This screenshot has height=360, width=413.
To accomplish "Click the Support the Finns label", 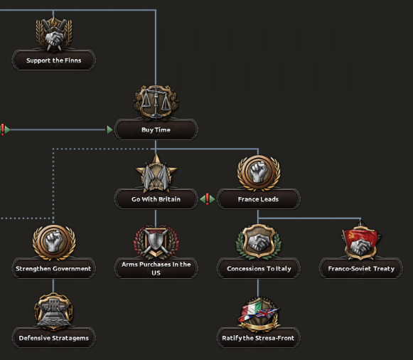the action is point(54,60).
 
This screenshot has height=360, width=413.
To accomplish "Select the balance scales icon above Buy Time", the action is point(156,102).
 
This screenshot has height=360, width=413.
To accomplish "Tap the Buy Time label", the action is point(156,129).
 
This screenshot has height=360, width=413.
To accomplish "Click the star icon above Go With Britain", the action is point(156,173).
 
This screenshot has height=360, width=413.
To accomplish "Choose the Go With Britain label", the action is point(156,199).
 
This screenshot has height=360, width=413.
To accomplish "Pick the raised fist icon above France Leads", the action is point(259,173).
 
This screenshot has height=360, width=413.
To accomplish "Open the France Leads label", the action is point(258,199).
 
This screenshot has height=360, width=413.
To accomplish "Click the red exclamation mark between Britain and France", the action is point(208,199).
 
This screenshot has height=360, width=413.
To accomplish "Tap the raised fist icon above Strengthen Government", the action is point(54,242).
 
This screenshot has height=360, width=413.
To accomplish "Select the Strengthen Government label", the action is point(54,268).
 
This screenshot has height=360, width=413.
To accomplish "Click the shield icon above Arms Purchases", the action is point(156,242).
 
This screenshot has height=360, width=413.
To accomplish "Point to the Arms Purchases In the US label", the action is point(156,268).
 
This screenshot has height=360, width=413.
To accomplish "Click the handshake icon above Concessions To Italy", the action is point(258,242).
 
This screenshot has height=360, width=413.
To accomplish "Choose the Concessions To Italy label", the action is point(258,268).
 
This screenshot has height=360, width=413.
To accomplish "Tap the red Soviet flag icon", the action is point(361,242).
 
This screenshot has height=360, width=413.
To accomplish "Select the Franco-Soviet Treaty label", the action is point(361,268).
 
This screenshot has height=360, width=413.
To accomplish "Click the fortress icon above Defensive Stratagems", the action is point(54,311).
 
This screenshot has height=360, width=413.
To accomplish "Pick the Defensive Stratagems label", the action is point(54,338).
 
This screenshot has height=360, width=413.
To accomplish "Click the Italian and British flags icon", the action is point(258,314).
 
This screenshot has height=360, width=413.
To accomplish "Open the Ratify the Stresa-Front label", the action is point(258,338).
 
